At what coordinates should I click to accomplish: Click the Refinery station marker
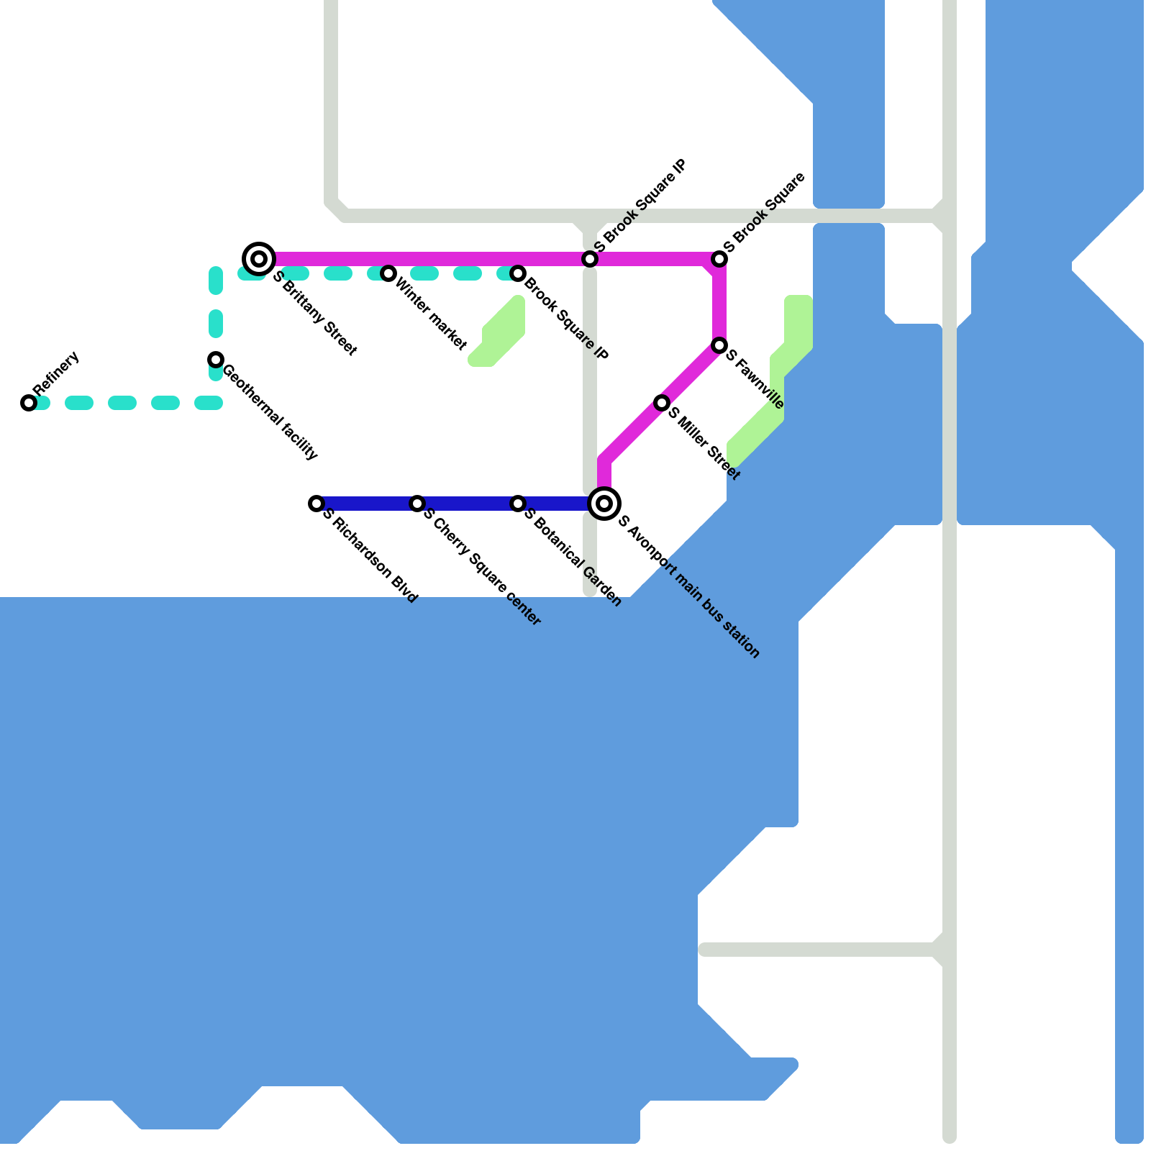coord(29,403)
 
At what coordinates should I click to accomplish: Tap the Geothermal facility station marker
coord(216,360)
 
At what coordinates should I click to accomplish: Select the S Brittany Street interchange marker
coord(259,258)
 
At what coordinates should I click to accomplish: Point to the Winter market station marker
coord(388,273)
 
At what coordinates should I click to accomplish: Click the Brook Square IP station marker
coord(518,273)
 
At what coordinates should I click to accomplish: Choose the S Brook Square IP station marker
coord(590,259)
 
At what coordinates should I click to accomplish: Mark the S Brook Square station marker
coord(719,259)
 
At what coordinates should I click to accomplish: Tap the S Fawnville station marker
coord(719,346)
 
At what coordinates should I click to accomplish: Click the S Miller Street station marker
coord(662,403)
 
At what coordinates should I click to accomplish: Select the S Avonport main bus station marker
coord(604,503)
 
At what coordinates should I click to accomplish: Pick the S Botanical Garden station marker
coord(518,504)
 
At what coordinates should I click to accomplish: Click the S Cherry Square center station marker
coord(417,504)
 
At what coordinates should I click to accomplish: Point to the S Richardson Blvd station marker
coord(317,504)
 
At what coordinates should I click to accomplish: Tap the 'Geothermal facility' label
coord(270,413)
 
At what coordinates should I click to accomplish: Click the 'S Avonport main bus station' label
coord(688,586)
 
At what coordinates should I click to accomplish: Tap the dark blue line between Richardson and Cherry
coord(367,504)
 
